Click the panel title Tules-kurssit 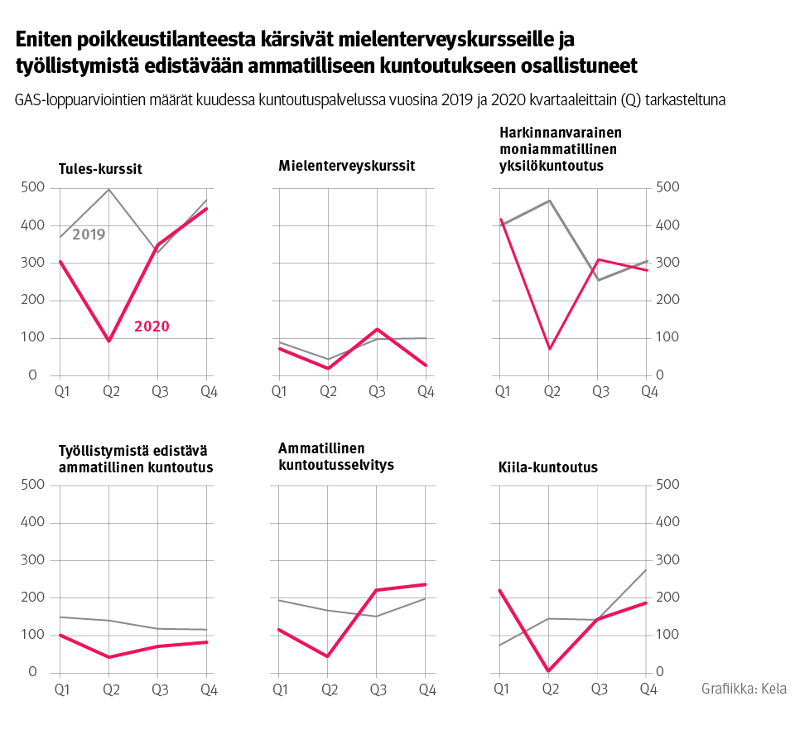100,169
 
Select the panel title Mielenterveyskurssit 346,166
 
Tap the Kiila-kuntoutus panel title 549,467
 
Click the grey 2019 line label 89,235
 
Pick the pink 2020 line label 152,327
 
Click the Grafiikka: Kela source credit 743,689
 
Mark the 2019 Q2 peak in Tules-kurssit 108,190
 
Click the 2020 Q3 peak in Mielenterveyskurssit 377,329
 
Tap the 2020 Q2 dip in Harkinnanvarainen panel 549,349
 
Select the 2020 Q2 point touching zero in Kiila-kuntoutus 549,671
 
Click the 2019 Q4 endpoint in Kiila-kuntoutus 646,569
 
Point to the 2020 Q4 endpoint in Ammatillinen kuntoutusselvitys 426,584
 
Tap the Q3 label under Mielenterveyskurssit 377,391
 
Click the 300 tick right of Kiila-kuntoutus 667,560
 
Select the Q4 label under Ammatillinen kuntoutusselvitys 426,689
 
